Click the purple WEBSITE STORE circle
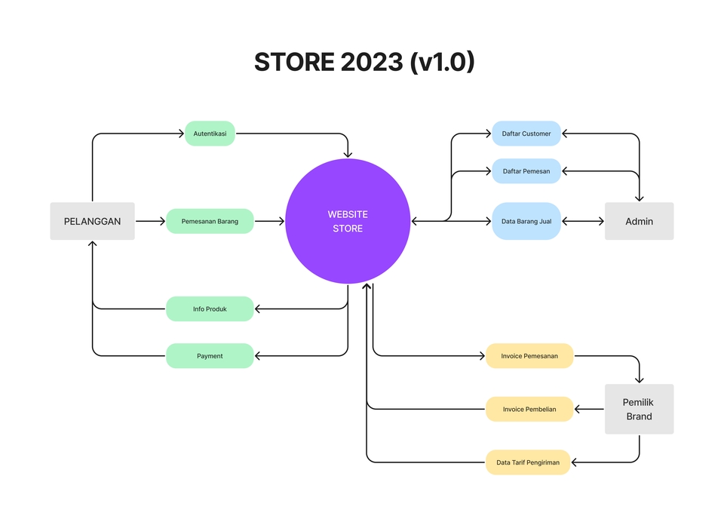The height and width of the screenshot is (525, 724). click(x=348, y=221)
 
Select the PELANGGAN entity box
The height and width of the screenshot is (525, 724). click(x=92, y=221)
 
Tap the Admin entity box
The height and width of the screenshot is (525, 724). click(x=639, y=221)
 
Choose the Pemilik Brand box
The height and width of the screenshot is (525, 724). click(x=639, y=409)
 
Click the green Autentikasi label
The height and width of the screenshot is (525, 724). click(x=210, y=134)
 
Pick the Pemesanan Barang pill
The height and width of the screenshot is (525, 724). click(x=210, y=221)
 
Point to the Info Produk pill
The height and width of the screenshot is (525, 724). click(x=210, y=309)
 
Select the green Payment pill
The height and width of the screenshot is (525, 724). click(x=210, y=355)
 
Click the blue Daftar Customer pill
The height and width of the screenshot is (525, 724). click(x=526, y=134)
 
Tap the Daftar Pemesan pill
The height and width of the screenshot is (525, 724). click(x=526, y=171)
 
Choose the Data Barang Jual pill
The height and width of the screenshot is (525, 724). click(x=526, y=221)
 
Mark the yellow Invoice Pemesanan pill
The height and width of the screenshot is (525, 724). click(x=529, y=355)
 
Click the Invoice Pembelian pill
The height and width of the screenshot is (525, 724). click(x=529, y=409)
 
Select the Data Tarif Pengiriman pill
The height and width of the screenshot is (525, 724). click(x=528, y=462)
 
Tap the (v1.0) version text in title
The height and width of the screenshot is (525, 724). click(x=442, y=63)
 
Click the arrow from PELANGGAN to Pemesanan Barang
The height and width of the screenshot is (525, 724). click(x=150, y=221)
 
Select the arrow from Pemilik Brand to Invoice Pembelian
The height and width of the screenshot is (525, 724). click(x=589, y=409)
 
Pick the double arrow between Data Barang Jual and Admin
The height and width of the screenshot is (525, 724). click(x=583, y=221)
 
